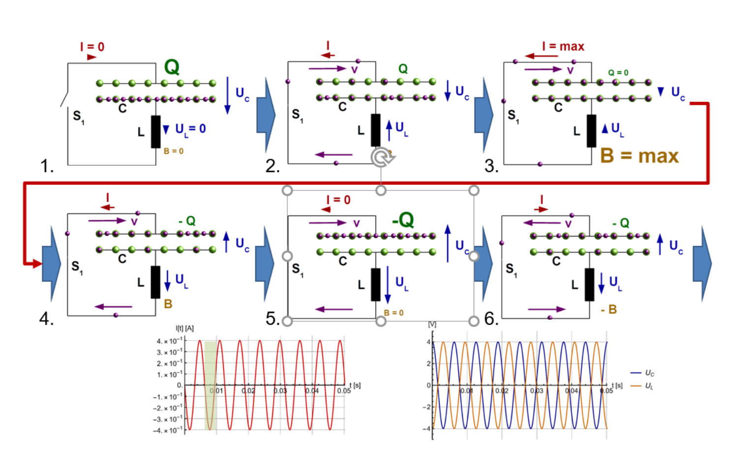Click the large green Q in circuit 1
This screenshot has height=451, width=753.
(x=172, y=67)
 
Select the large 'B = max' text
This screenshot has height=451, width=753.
(x=639, y=156)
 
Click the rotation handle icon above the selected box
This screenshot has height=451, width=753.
(x=382, y=158)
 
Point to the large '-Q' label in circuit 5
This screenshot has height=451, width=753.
(x=403, y=220)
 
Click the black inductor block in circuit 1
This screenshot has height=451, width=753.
(x=155, y=131)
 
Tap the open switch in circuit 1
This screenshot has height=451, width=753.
(x=64, y=97)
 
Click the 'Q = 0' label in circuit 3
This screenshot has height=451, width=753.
(x=618, y=73)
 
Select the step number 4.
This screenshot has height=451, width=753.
(x=46, y=319)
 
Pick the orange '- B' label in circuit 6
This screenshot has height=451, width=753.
(x=608, y=309)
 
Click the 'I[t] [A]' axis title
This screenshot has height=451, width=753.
(x=184, y=328)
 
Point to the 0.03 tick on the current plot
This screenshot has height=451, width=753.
(x=280, y=391)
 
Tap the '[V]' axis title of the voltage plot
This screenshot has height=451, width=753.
(x=432, y=325)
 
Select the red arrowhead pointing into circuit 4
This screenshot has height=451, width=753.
(x=36, y=264)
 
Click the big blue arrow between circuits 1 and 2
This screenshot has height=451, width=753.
(x=266, y=115)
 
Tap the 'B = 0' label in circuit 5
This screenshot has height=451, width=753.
(x=393, y=313)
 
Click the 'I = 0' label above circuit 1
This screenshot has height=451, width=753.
(x=92, y=47)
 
